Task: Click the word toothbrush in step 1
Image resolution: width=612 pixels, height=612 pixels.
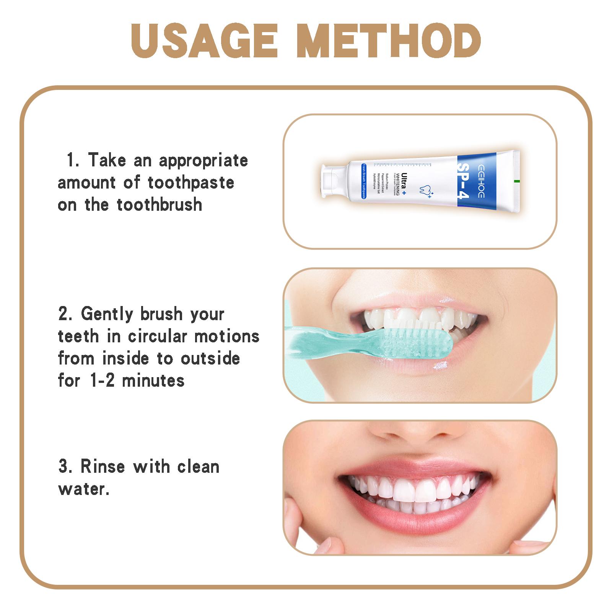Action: point(160,205)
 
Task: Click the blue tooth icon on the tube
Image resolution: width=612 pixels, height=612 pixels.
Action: point(425,190)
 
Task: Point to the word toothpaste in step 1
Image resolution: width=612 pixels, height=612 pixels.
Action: point(191,183)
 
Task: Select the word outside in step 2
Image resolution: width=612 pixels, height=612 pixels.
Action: point(210,359)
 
